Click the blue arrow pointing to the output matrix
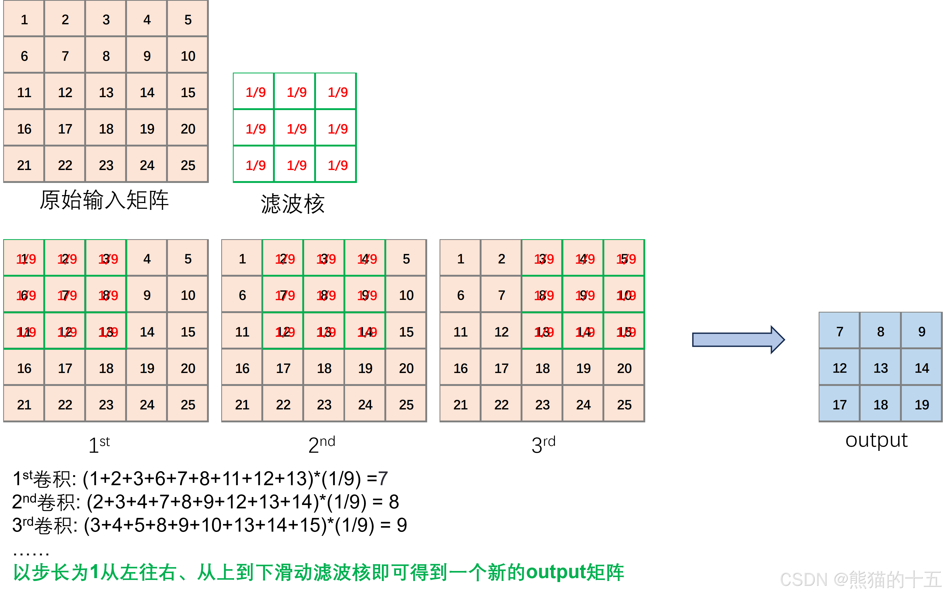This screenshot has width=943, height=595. click(738, 339)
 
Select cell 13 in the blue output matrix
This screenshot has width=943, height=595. click(881, 368)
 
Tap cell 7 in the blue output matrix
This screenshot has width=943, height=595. click(840, 331)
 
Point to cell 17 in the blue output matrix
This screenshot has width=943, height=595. click(840, 404)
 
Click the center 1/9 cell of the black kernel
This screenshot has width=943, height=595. click(297, 129)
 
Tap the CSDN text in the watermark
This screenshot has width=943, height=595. click(803, 579)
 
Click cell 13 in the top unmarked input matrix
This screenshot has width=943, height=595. click(106, 92)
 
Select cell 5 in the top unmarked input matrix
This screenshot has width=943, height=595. click(188, 20)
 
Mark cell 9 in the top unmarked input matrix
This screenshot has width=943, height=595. click(147, 56)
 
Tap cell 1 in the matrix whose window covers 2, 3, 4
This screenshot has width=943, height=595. click(242, 258)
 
